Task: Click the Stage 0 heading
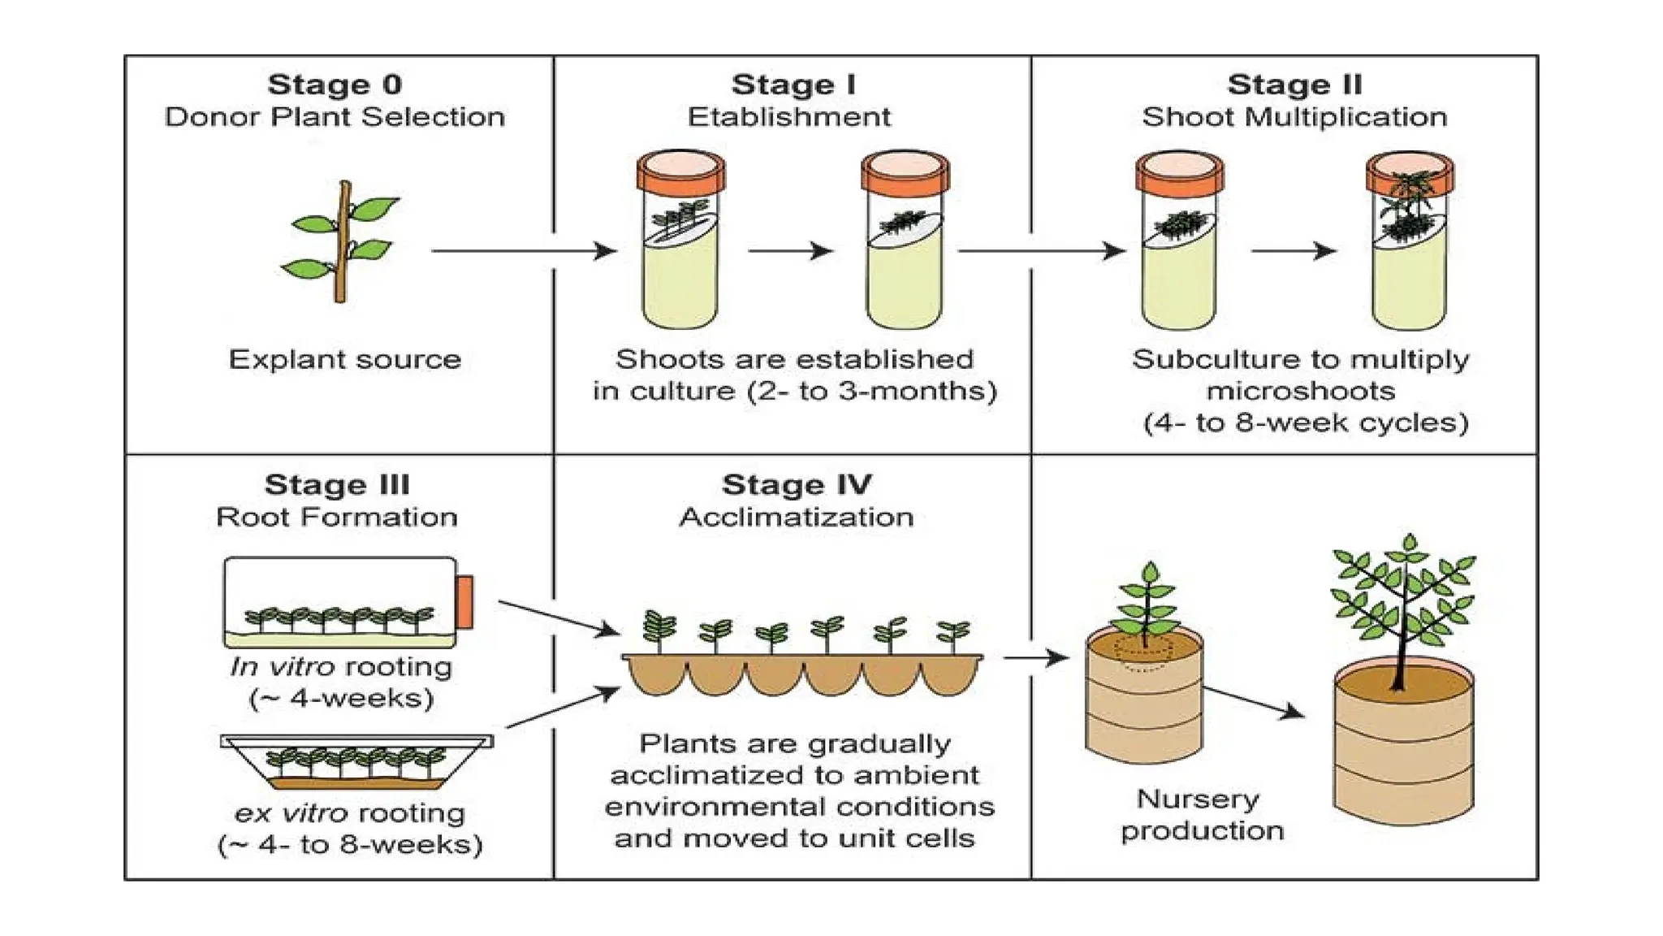335,84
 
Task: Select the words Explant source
344,359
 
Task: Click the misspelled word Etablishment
788,117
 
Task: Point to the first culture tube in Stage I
680,244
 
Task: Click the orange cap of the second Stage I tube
905,172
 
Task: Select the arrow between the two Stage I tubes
789,251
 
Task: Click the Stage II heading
1294,84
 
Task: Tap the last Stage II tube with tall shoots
1410,244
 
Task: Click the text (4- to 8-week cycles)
1306,422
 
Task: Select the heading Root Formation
336,517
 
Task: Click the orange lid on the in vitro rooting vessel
464,602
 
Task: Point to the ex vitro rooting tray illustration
356,762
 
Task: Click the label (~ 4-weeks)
341,698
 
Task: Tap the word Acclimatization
796,517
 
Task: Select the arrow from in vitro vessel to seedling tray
559,617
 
